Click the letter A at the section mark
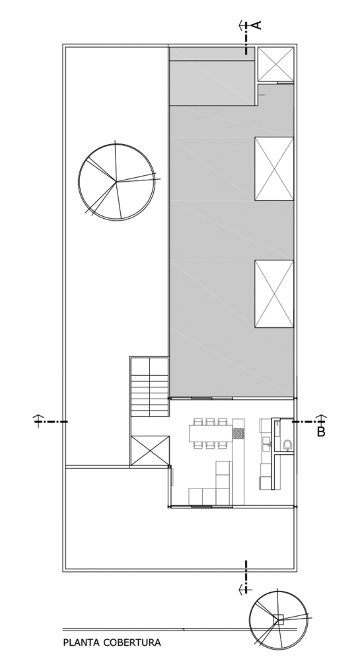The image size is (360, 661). [257, 25]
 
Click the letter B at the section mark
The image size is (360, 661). [321, 432]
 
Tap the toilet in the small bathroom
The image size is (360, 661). [287, 444]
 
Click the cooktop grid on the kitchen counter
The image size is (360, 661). [238, 434]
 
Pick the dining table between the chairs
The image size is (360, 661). [211, 432]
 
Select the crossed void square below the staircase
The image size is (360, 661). [150, 451]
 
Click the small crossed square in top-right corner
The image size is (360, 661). [275, 64]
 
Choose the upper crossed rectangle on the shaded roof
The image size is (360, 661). [274, 169]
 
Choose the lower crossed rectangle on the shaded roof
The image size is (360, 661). [274, 294]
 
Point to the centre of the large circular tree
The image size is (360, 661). [116, 182]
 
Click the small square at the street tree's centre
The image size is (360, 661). [278, 619]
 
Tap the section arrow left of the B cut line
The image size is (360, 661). [39, 420]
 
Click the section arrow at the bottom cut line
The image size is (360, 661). [245, 589]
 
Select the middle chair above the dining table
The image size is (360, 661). [211, 421]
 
